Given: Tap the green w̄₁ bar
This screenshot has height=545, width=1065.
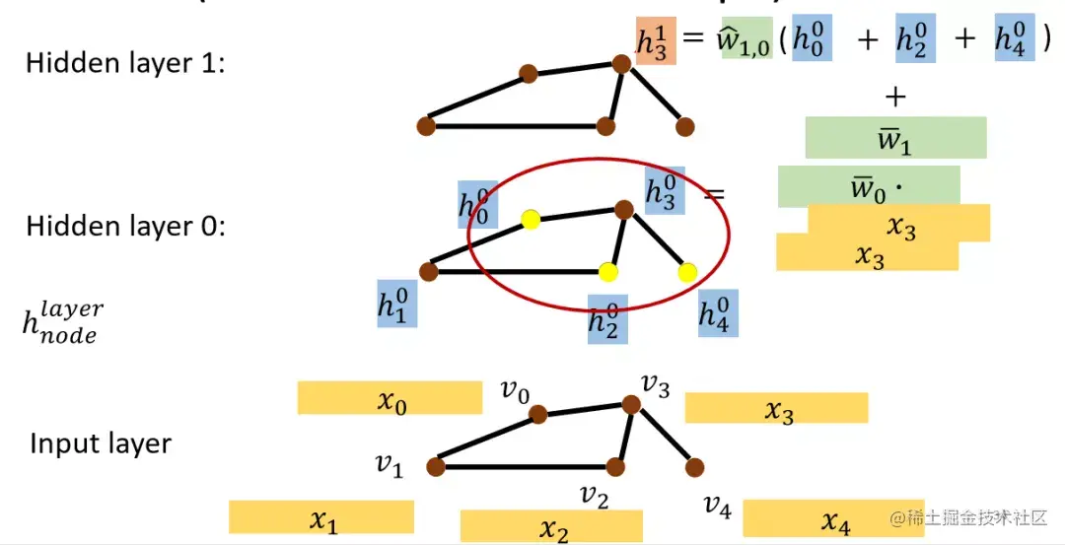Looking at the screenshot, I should point(895,138).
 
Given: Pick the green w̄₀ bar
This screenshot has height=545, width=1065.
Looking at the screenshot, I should point(868,185).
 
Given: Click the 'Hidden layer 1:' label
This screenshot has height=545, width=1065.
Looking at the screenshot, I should point(125,63).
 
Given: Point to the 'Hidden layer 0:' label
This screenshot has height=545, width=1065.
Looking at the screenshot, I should point(125,226).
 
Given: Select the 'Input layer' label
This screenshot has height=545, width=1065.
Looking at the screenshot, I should point(101,443).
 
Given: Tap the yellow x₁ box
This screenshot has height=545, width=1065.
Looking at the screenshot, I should point(321,517).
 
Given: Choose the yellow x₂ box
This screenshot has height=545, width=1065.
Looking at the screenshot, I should point(551,527).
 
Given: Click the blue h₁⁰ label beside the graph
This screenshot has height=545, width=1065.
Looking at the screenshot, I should point(396,304).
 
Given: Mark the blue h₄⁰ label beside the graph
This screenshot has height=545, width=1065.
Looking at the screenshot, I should point(718,311).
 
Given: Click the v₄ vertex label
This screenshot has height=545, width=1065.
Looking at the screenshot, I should point(717,507).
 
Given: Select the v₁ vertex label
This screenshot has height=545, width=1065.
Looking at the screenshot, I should point(389,464).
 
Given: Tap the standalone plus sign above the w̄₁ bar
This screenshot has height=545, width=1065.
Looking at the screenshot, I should point(895,97).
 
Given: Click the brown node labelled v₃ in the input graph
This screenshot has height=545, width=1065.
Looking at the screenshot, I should point(631,403).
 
